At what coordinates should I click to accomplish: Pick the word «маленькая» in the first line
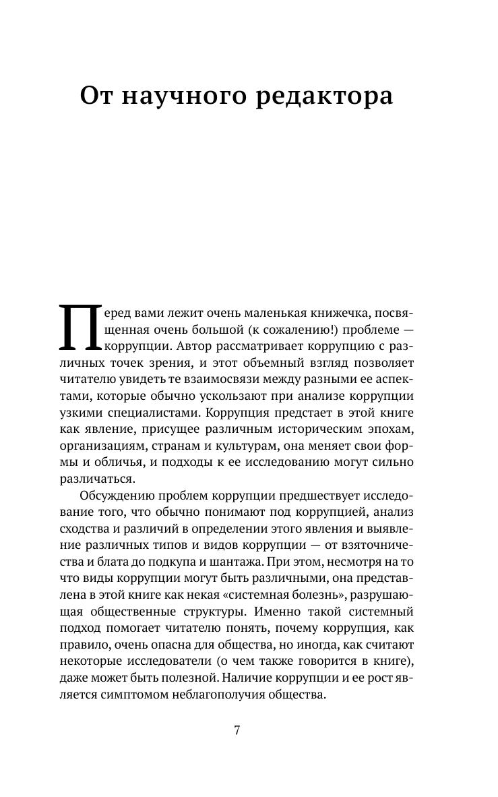tap(269, 314)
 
